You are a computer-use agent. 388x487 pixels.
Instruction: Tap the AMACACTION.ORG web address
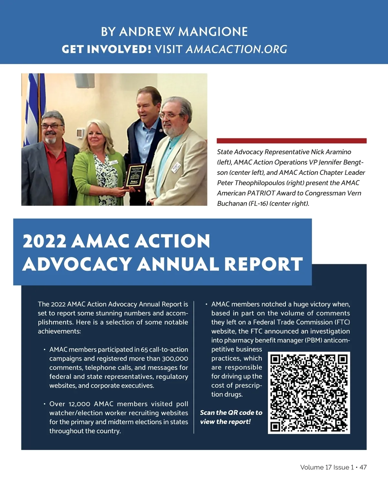[x=236, y=49]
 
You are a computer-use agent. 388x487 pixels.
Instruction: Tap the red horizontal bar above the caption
[x=291, y=141]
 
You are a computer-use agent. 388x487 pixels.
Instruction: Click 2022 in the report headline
[x=44, y=241]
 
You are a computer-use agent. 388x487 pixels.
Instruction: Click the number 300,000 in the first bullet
[x=175, y=358]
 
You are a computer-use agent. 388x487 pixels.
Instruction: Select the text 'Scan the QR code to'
[x=231, y=413]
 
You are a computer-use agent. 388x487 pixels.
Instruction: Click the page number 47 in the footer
[x=363, y=467]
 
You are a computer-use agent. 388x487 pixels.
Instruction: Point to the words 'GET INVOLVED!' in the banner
[x=106, y=49]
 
